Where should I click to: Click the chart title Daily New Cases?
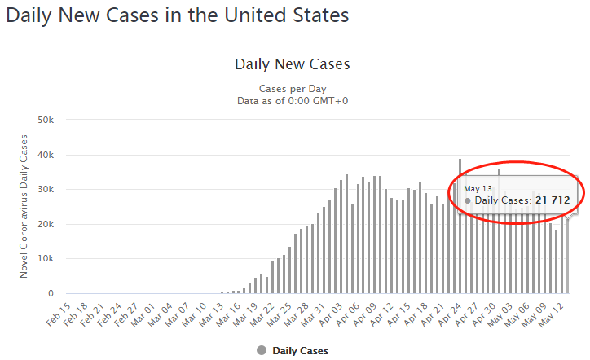[x=292, y=64]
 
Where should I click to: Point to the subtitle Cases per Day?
[x=292, y=88]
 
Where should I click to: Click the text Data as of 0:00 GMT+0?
[x=292, y=100]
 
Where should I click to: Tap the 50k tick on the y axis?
[x=46, y=121]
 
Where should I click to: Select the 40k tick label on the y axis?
[x=46, y=155]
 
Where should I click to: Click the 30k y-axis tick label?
[x=46, y=190]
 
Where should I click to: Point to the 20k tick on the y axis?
[x=46, y=224]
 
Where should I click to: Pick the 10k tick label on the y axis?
[x=46, y=259]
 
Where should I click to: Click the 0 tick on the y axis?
[x=51, y=293]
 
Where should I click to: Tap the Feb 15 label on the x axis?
[x=57, y=312]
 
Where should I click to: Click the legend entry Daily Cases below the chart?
[x=299, y=350]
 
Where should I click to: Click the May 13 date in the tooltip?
[x=478, y=187]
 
